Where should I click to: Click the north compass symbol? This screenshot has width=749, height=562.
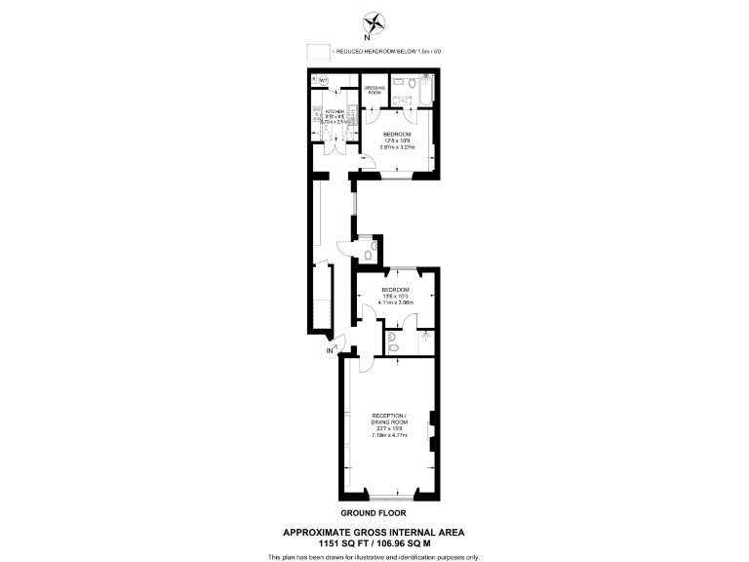pyautogui.click(x=374, y=22)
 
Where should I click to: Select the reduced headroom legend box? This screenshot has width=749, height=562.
pyautogui.click(x=317, y=52)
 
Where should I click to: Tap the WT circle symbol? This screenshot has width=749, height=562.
pyautogui.click(x=323, y=80)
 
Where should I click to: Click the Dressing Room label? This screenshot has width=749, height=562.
pyautogui.click(x=374, y=90)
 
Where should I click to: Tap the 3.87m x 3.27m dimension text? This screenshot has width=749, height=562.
pyautogui.click(x=397, y=147)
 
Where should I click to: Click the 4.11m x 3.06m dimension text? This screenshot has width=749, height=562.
pyautogui.click(x=396, y=302)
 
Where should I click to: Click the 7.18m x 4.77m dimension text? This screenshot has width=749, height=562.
pyautogui.click(x=388, y=435)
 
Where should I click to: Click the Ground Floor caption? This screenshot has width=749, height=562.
pyautogui.click(x=374, y=512)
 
